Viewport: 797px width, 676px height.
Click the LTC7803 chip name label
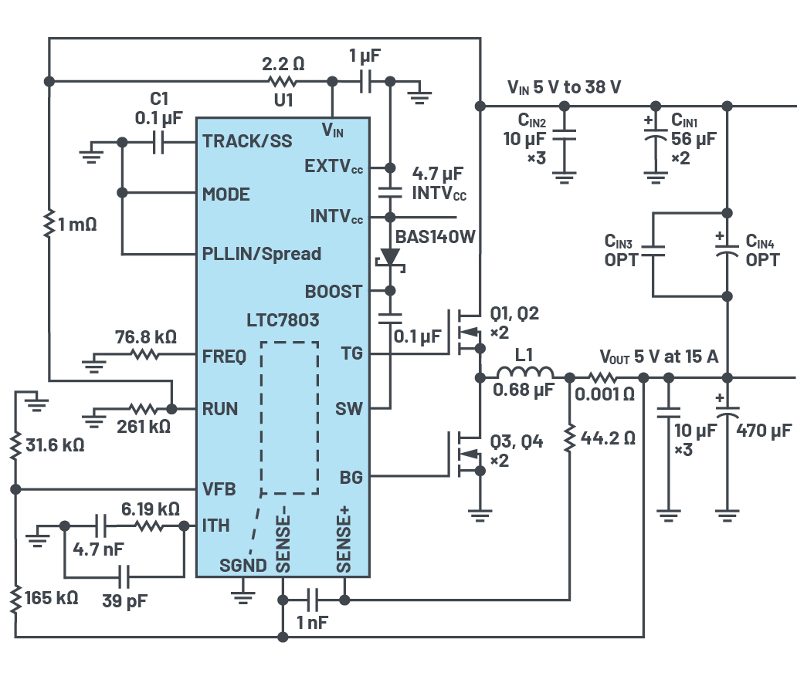tap(283, 320)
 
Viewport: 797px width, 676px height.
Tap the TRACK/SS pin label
tap(247, 140)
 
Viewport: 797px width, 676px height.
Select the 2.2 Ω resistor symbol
tap(283, 81)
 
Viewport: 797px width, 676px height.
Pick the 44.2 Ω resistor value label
tap(608, 438)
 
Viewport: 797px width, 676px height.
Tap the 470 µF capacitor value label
tap(764, 431)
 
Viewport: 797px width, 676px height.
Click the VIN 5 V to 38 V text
tap(565, 87)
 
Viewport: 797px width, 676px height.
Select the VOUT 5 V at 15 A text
tap(659, 357)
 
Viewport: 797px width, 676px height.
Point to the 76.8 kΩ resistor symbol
tap(145, 354)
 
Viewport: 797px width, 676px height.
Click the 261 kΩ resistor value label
tap(144, 427)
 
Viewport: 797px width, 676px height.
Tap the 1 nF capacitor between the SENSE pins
tap(314, 600)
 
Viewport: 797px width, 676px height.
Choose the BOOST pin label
tap(334, 292)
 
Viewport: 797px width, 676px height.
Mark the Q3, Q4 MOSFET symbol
tap(465, 454)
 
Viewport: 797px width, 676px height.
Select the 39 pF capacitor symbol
tap(124, 577)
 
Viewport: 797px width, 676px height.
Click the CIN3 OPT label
tap(620, 250)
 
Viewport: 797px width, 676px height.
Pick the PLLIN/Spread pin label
tap(262, 253)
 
